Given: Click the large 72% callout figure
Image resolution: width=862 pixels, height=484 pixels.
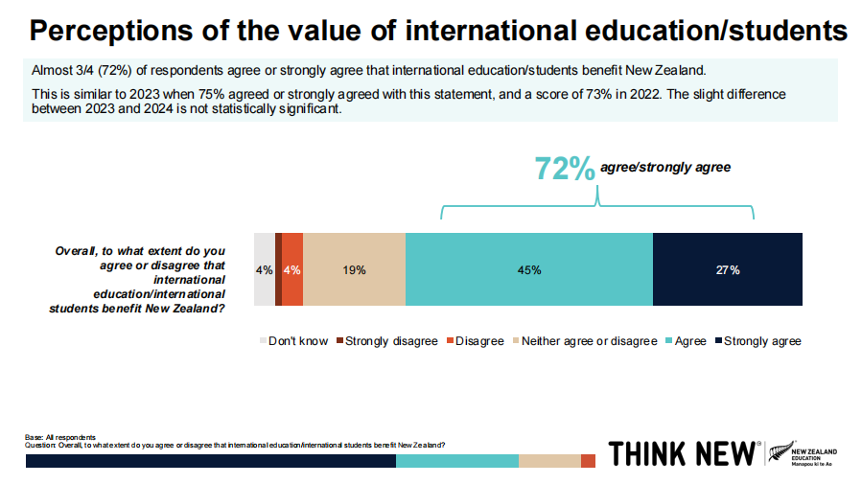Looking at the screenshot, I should click(565, 169).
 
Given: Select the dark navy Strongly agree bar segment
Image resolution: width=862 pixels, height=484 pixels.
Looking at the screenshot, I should click(727, 269).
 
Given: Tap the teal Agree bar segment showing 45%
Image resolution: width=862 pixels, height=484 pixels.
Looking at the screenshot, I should click(528, 269).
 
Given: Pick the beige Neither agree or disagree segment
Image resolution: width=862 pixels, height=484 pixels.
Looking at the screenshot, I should click(354, 269).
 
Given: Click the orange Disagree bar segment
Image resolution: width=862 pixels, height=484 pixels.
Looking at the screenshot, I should click(292, 269).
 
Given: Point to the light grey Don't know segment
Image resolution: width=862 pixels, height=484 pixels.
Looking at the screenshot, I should click(264, 269).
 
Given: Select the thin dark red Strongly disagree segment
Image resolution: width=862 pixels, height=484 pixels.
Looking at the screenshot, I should click(278, 269).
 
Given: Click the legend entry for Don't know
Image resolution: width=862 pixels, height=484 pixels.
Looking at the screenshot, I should click(297, 341).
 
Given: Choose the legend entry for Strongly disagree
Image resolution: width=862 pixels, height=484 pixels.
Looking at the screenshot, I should click(390, 341).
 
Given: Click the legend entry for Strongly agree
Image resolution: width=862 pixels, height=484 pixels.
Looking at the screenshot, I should click(761, 341).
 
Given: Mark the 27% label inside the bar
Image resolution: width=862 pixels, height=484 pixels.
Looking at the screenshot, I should click(728, 270).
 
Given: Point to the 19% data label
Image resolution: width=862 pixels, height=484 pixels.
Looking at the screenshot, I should click(354, 270).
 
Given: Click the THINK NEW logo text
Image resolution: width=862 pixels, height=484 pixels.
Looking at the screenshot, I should click(685, 453).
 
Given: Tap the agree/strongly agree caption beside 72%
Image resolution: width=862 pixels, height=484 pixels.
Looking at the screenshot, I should click(665, 168).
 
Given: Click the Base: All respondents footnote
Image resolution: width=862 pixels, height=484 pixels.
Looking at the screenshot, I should click(59, 437).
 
